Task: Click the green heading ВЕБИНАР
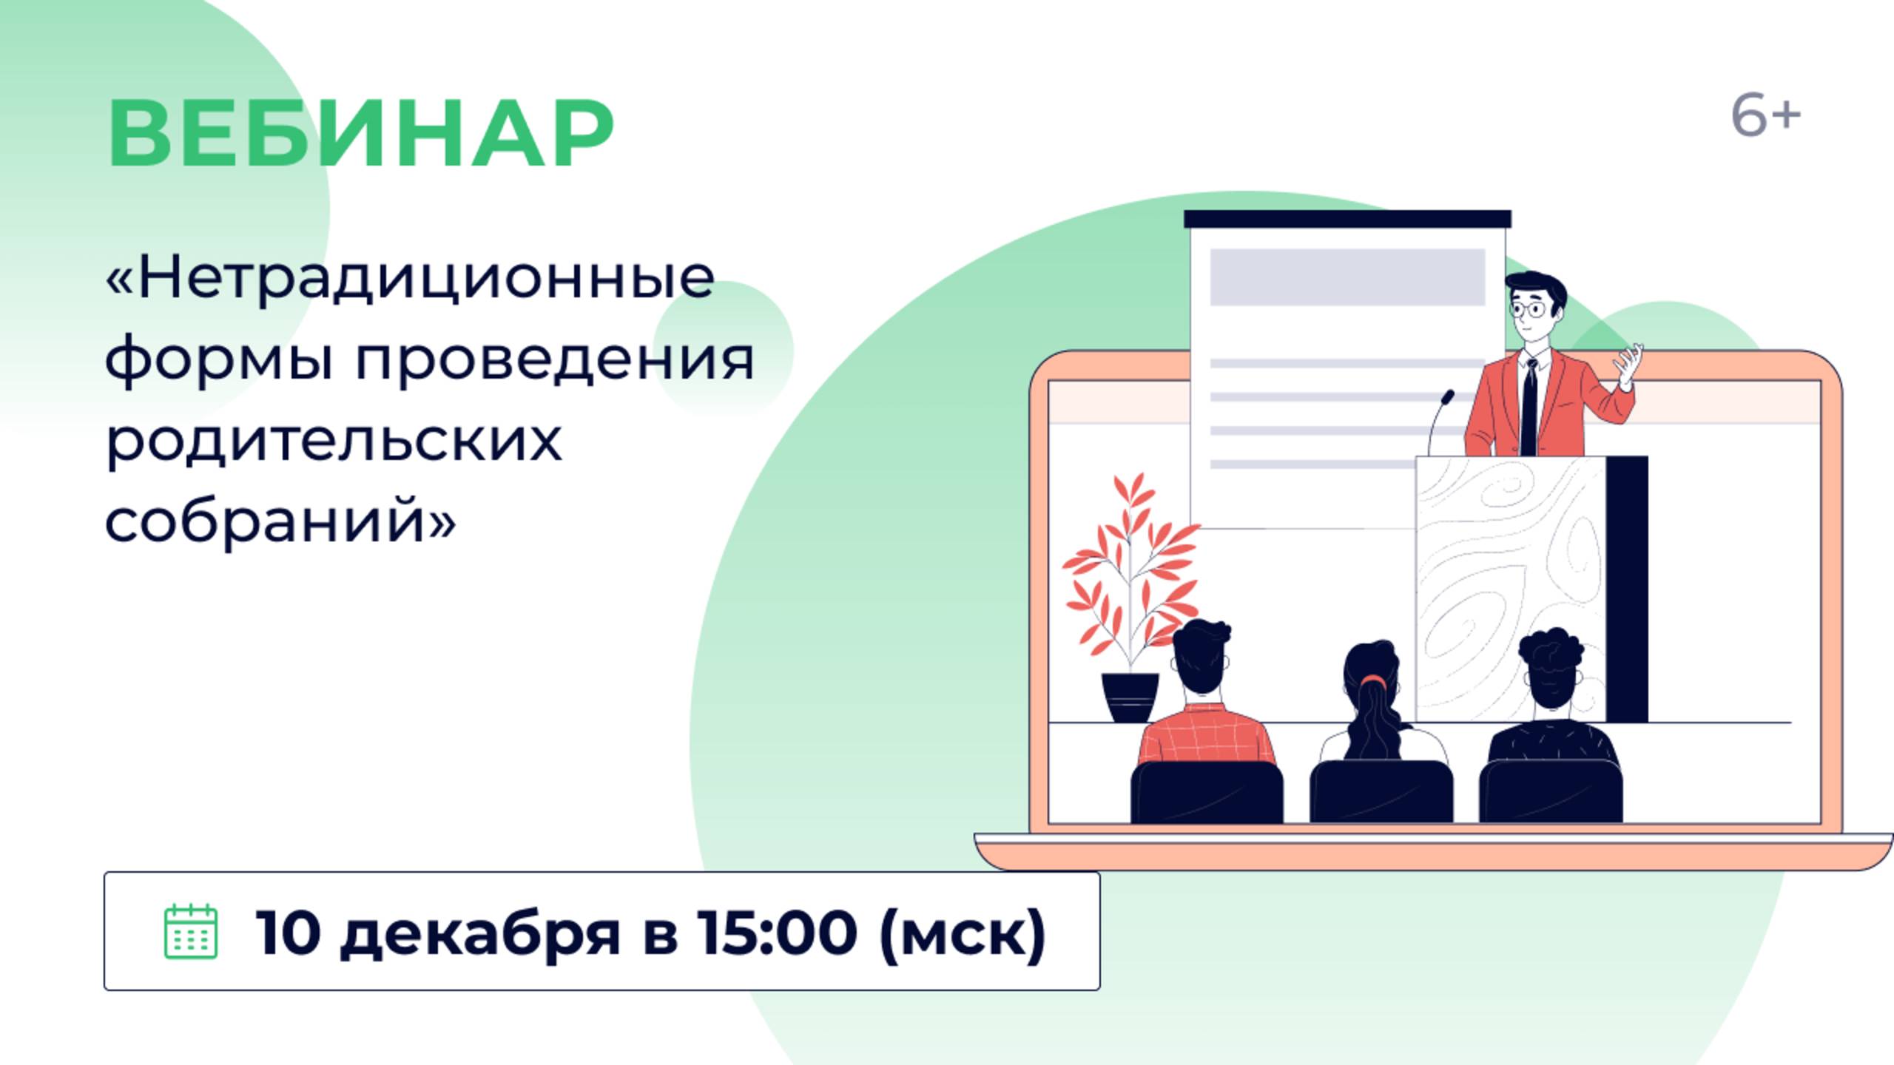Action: tap(360, 134)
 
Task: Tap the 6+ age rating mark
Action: tap(1765, 116)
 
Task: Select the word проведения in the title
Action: tap(555, 360)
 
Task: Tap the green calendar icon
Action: tap(190, 931)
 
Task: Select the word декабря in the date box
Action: tap(479, 933)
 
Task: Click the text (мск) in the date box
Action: tap(963, 933)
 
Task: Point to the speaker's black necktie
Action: tap(1529, 407)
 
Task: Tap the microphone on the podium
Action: tap(1438, 422)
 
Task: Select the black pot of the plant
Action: tap(1130, 697)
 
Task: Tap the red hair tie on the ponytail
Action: tap(1373, 679)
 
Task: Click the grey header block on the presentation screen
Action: tap(1347, 277)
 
